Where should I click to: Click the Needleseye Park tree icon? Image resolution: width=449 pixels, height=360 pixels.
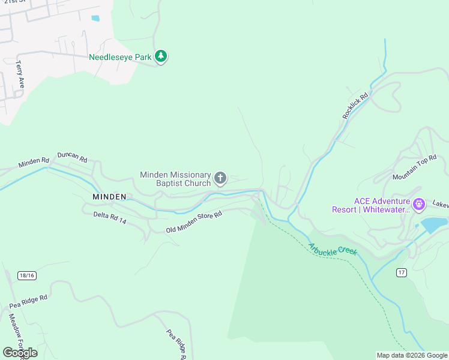[160, 56]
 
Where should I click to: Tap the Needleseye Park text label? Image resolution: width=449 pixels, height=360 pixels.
[120, 58]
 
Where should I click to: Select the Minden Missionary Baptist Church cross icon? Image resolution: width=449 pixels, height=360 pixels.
[220, 178]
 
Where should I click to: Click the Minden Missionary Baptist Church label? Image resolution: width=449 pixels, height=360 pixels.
[175, 179]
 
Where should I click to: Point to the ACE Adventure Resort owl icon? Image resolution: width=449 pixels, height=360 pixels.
[418, 204]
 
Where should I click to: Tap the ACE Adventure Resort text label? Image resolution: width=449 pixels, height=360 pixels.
[371, 205]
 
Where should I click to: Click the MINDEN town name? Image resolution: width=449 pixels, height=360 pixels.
[109, 197]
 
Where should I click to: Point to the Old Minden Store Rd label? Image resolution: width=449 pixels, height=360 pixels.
[194, 221]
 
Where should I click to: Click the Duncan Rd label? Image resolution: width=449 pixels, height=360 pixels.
[72, 157]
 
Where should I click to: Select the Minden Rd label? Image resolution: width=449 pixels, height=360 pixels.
[34, 163]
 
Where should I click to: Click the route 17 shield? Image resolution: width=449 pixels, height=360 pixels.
[402, 272]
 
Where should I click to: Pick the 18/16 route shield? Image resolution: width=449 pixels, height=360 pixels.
[27, 275]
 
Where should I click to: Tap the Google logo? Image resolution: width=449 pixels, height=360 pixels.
[20, 352]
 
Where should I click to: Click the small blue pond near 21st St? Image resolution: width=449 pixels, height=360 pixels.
[95, 18]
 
